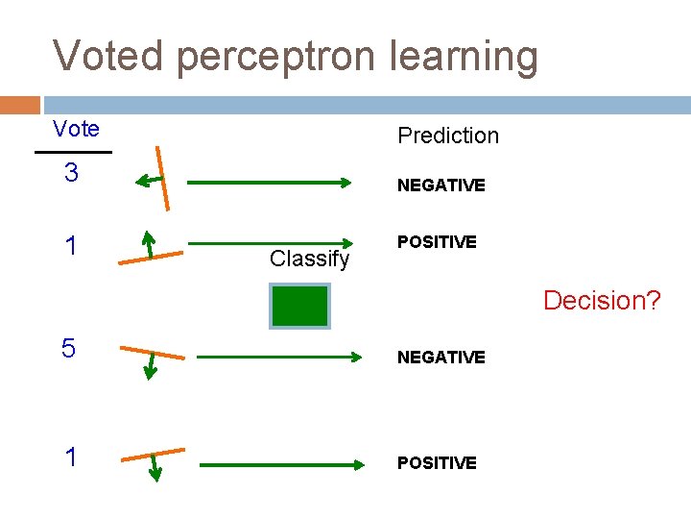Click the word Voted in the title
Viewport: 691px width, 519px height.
108,56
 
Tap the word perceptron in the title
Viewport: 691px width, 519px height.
277,58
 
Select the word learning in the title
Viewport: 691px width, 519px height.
465,58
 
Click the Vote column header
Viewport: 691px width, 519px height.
76,129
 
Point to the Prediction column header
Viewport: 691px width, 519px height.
448,136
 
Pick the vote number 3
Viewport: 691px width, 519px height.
70,174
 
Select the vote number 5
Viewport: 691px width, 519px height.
68,349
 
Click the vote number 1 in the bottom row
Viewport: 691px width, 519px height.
70,457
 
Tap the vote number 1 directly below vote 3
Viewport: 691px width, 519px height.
70,246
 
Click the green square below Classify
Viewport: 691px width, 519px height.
299,306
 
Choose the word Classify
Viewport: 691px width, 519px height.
309,259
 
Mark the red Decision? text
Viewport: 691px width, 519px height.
602,300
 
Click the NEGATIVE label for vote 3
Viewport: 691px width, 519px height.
441,185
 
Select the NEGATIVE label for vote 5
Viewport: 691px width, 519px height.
441,358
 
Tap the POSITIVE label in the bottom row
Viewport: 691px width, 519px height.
437,463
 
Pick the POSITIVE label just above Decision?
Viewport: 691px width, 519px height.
437,242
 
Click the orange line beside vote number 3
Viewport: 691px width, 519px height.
164,177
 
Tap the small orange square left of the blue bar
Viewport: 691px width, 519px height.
20,105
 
